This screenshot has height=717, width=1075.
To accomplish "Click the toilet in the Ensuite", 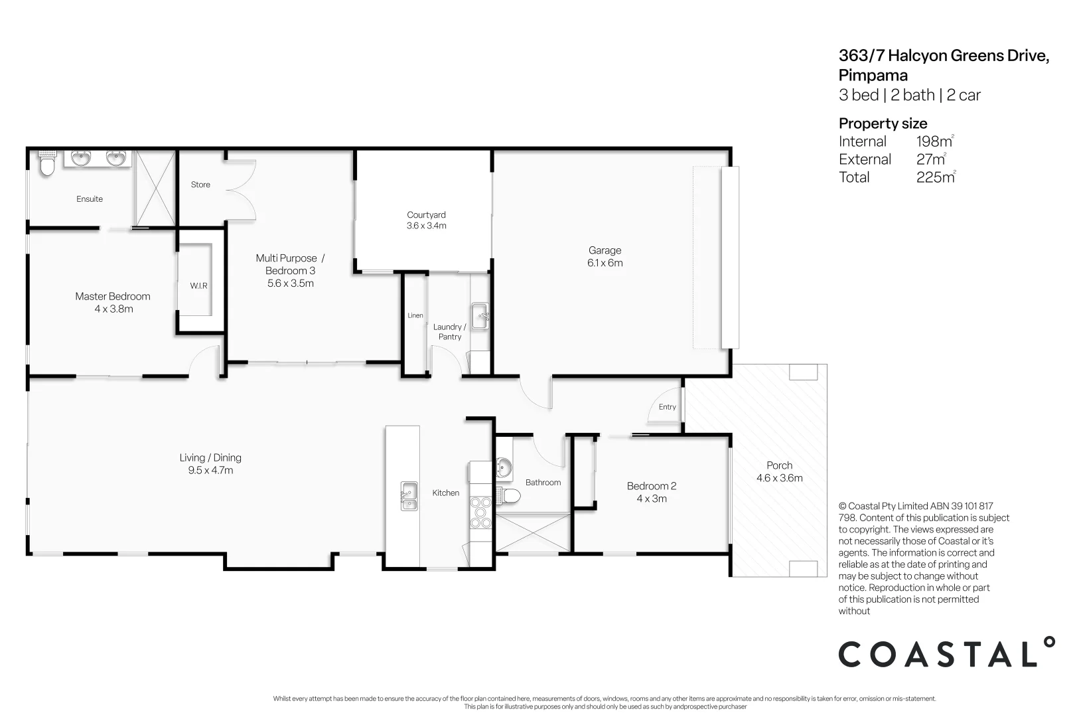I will pyautogui.click(x=46, y=164).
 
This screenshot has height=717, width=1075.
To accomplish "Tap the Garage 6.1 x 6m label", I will pyautogui.click(x=605, y=256).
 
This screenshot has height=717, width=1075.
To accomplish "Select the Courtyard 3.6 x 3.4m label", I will pyautogui.click(x=426, y=220).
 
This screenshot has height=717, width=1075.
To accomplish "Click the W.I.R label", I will pyautogui.click(x=198, y=285).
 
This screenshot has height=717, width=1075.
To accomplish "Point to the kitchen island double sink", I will pyautogui.click(x=409, y=496).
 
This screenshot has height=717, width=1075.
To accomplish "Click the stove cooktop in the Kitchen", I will pyautogui.click(x=480, y=512).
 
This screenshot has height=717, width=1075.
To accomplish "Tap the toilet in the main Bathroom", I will pyautogui.click(x=510, y=495).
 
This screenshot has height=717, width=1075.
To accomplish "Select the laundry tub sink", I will pyautogui.click(x=480, y=315).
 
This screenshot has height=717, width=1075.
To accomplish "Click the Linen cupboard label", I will pyautogui.click(x=415, y=315).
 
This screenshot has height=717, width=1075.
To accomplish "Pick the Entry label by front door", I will pyautogui.click(x=667, y=407).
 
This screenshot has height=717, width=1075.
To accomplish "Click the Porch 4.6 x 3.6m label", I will pyautogui.click(x=779, y=471).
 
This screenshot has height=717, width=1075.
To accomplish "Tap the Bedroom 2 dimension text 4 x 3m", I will pyautogui.click(x=651, y=499).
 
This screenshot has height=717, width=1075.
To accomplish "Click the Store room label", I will pyautogui.click(x=200, y=185).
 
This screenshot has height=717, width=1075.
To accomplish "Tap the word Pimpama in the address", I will pyautogui.click(x=873, y=75).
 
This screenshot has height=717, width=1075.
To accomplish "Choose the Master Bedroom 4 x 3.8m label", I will pyautogui.click(x=113, y=302).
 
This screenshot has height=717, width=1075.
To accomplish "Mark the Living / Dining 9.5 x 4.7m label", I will pyautogui.click(x=210, y=463).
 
